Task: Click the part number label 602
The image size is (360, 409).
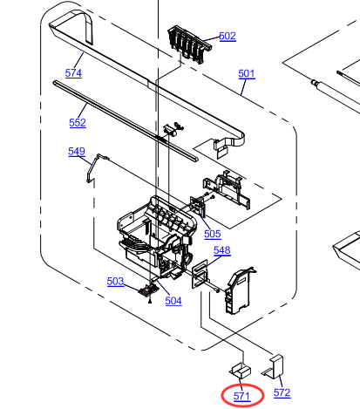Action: pos(228,36)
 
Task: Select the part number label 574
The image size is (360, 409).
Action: pos(73,72)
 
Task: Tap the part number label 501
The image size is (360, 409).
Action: pos(247,73)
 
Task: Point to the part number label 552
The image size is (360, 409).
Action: pos(78,123)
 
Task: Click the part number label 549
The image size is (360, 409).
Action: pos(77,152)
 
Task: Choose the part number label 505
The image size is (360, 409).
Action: pos(213,234)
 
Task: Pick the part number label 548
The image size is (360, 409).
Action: pos(222,250)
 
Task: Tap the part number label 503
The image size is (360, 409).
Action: pos(115,282)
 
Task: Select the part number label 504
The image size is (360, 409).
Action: pos(173,301)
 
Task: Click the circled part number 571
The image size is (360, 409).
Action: pos(241,396)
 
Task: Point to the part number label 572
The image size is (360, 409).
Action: pos(282,392)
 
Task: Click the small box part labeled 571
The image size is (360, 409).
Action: pos(241,370)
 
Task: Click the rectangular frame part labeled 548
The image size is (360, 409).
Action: pos(200,274)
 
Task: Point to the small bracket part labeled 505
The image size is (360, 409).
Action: pos(198,206)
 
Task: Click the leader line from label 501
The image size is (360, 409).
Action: pos(243,87)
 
